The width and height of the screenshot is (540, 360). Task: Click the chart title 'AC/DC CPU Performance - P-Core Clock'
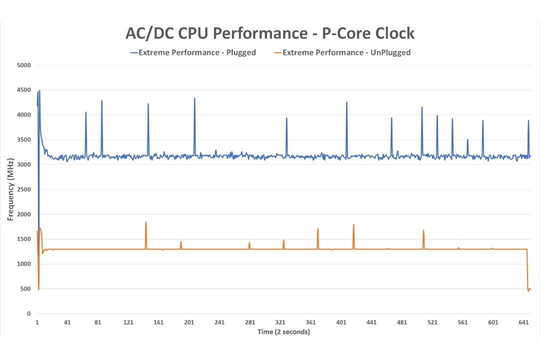[x=269, y=33]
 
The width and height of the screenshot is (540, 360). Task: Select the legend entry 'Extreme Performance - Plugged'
[x=193, y=52]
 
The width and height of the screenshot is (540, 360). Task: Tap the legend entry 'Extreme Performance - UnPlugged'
[x=342, y=52]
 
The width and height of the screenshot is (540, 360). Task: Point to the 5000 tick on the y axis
[x=24, y=65]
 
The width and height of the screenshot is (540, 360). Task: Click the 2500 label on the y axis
[x=24, y=189]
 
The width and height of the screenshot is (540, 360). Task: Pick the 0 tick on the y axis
[x=28, y=314]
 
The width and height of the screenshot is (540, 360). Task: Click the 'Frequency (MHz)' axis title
[x=10, y=189]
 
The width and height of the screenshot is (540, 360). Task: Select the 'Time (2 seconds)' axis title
[x=284, y=332]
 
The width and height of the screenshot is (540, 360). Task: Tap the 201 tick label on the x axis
[x=189, y=322]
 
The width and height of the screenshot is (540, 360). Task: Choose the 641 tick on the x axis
[x=523, y=322]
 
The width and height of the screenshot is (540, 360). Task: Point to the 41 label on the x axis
[x=67, y=322]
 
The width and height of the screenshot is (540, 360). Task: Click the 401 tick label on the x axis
[x=341, y=322]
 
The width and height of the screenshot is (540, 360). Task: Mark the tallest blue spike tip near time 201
[x=194, y=98]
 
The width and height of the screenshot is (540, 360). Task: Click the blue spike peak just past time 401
[x=346, y=102]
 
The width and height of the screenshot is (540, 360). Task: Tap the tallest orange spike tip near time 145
[x=146, y=222]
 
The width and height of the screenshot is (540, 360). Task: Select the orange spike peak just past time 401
[x=353, y=224]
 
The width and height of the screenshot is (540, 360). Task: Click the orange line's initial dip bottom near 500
[x=38, y=289]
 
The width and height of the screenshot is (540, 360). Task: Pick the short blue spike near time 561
[x=467, y=139]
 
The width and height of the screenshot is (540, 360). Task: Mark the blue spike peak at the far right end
[x=528, y=120]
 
